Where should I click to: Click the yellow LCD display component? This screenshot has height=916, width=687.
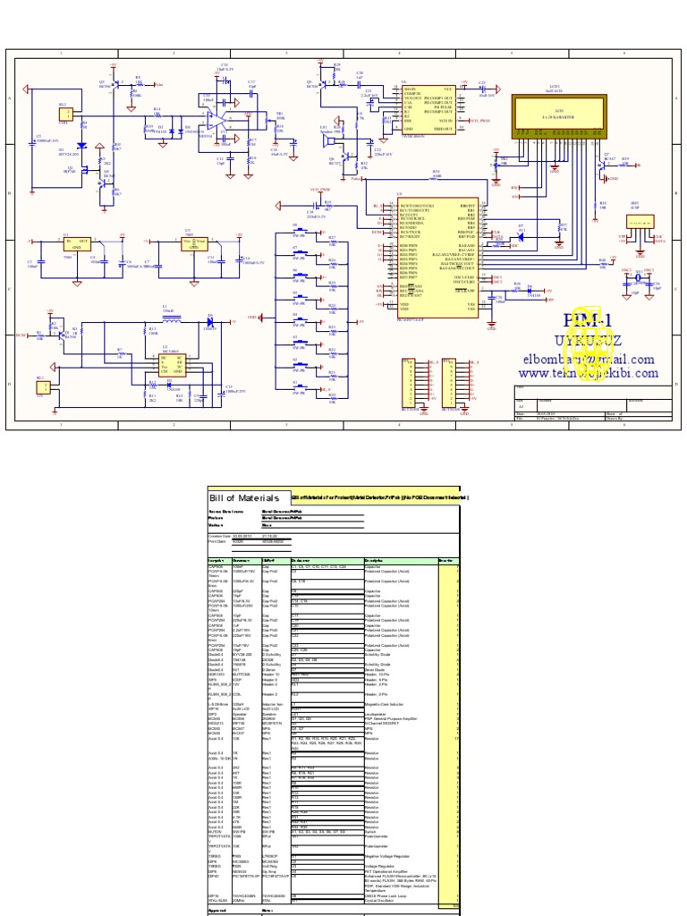545,114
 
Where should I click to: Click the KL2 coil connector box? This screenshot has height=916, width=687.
64,114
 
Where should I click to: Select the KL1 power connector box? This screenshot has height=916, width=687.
41,386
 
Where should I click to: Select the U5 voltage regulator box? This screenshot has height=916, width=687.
194,244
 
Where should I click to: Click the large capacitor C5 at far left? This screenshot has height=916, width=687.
32,140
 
